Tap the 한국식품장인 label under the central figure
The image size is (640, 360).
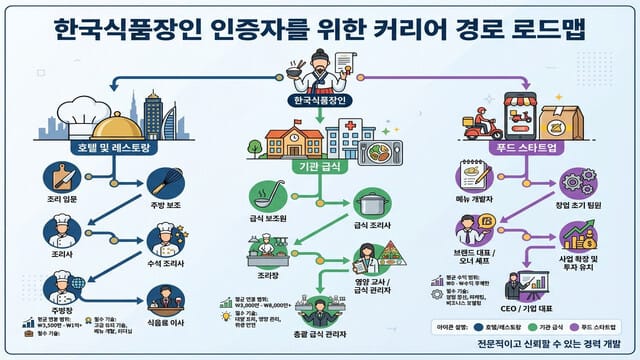pos(319,101)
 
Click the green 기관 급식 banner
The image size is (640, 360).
pos(320,164)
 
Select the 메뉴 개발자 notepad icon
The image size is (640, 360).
pos(471,174)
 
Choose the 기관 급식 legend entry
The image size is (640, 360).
pos(532,325)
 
